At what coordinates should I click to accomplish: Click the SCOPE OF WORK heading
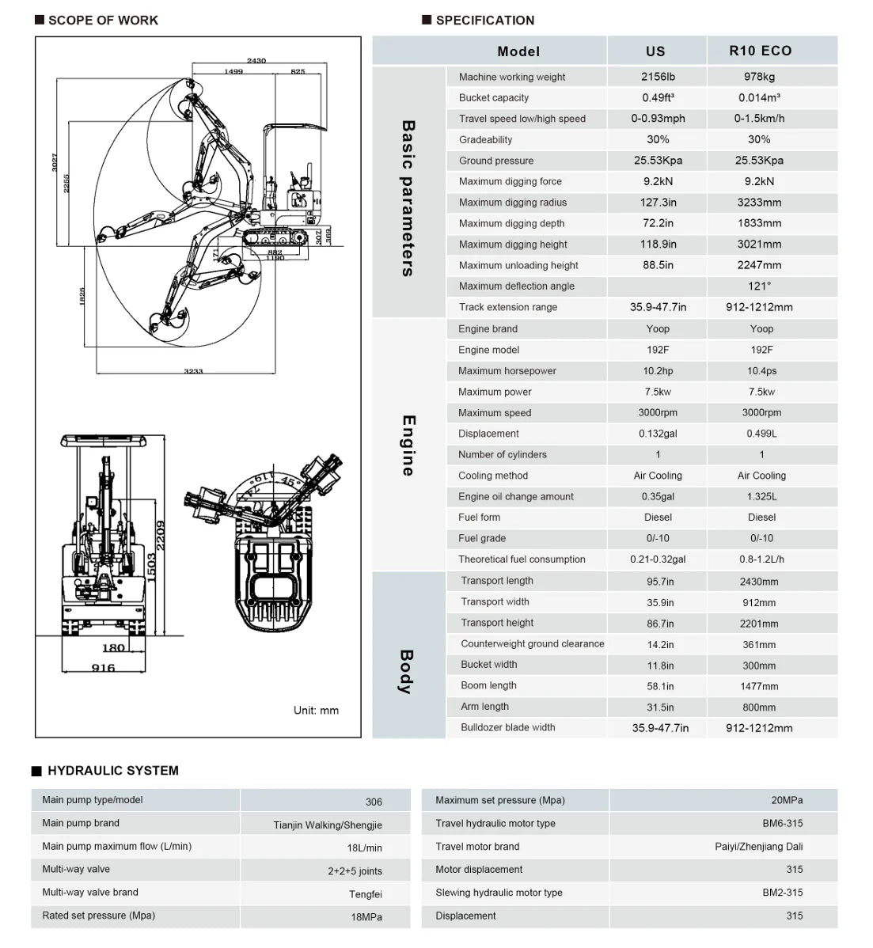click(x=103, y=21)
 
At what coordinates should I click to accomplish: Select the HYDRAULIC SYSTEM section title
click(x=112, y=771)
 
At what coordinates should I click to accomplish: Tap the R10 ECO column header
click(x=760, y=51)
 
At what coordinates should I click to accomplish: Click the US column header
click(x=655, y=51)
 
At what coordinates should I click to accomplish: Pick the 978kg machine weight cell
click(x=759, y=77)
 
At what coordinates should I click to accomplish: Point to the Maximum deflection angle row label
click(x=516, y=286)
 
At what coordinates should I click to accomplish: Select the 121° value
click(x=759, y=286)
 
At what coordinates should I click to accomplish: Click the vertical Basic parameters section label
click(x=408, y=198)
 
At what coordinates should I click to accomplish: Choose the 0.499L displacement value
click(x=761, y=434)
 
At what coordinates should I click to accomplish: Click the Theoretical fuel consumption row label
click(x=522, y=559)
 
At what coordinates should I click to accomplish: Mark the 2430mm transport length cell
click(x=759, y=582)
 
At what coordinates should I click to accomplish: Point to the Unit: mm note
click(x=316, y=711)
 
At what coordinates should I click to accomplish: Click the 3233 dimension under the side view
click(x=193, y=370)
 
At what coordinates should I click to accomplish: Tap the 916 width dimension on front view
click(x=103, y=668)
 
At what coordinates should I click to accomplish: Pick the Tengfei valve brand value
click(x=365, y=894)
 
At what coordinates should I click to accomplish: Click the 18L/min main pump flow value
click(x=364, y=848)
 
